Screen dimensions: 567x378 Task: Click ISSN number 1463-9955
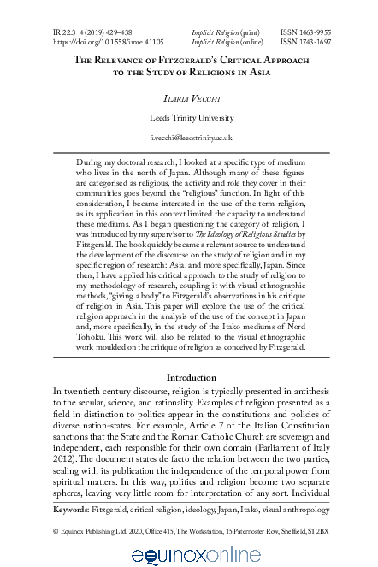[312, 31]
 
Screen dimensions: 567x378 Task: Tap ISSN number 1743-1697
[312, 40]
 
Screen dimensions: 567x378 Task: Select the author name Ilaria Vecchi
[188, 99]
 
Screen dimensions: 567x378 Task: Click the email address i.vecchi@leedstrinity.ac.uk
[188, 137]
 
